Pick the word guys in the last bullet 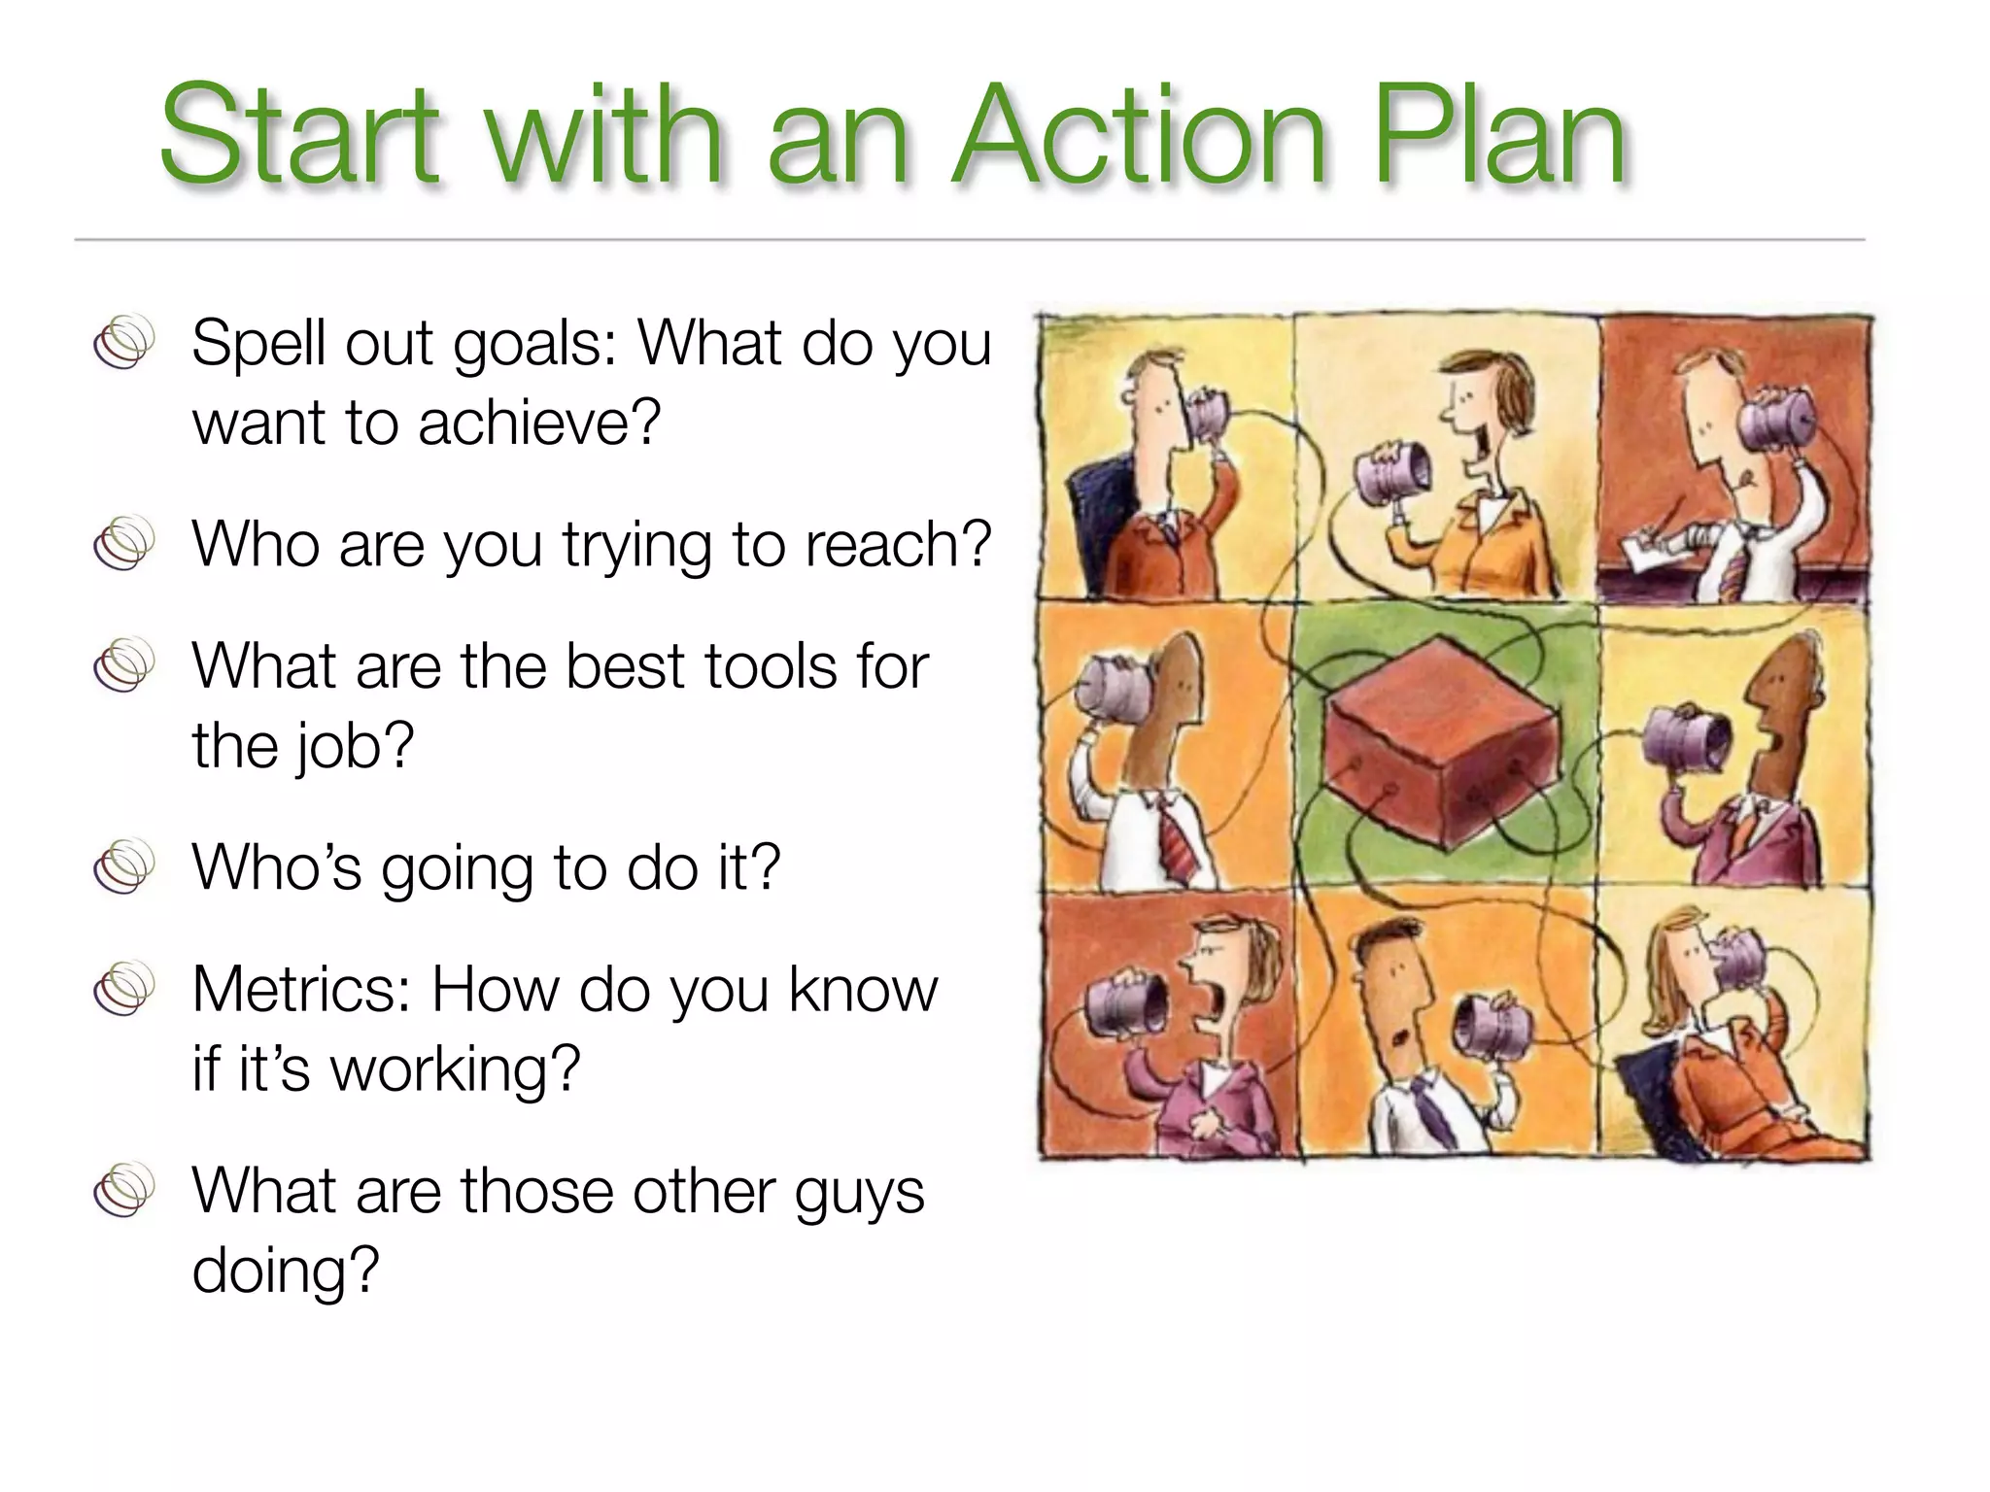pyautogui.click(x=859, y=1193)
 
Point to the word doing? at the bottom pyautogui.click(x=285, y=1271)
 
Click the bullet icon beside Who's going pyautogui.click(x=124, y=865)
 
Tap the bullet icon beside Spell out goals pyautogui.click(x=124, y=342)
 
